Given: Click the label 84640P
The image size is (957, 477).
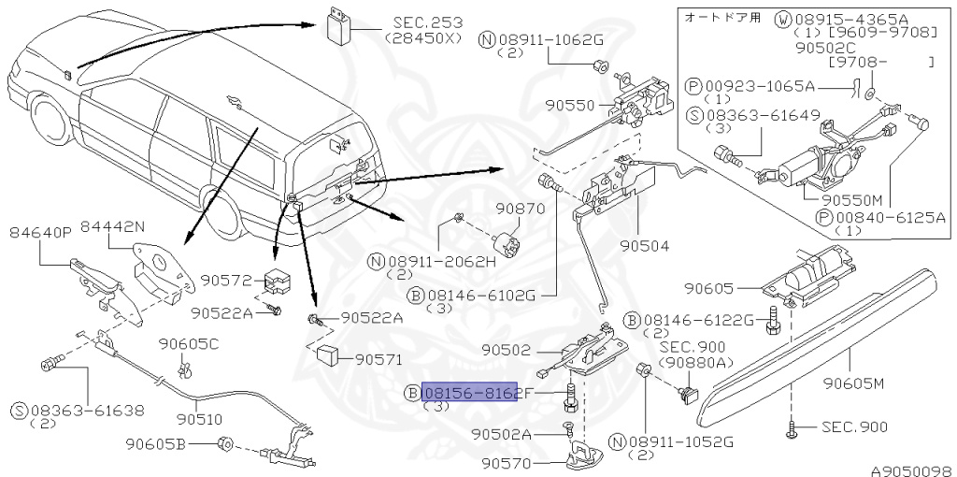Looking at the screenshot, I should point(39,232).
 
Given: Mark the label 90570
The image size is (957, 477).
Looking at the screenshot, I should point(507,463).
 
